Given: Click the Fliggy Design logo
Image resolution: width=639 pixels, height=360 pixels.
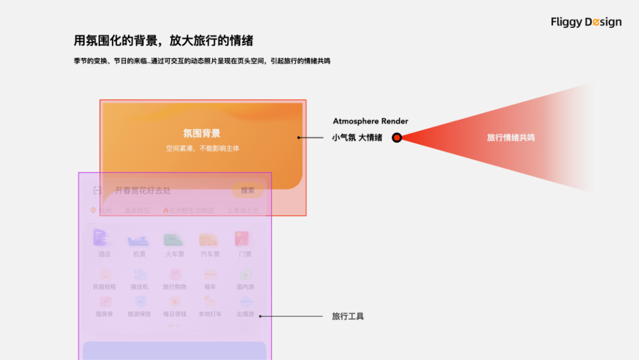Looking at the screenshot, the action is pos(586,22).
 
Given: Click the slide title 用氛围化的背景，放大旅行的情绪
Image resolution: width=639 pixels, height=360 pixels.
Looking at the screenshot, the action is pos(163,41).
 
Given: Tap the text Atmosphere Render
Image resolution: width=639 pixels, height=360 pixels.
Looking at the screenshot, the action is pos(370,121).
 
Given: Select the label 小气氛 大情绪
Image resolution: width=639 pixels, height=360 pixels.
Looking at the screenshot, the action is pos(357,138).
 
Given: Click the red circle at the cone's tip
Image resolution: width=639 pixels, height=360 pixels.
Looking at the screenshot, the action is pos(397,138).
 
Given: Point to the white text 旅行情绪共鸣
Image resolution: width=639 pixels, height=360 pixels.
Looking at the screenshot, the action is pos(511,138).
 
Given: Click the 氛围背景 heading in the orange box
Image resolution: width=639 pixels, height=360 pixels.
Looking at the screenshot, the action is pos(202,134).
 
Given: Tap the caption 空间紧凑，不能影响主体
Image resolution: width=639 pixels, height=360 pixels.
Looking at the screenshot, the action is pos(202,149).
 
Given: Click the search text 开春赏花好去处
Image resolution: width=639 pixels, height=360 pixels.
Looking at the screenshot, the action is pos(143,191).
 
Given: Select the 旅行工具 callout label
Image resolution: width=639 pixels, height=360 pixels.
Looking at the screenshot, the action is pos(348,317).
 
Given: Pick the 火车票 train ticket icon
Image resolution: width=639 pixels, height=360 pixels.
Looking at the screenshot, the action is pos(175,239).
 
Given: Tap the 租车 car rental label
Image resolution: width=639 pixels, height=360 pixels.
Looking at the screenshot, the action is pos(210,287).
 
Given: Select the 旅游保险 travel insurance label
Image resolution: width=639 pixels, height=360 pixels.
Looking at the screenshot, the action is pos(139,314).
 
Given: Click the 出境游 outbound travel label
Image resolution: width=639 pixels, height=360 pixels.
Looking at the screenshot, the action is pos(245,314).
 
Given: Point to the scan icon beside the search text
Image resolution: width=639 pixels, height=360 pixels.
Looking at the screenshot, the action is pos(98,191).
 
